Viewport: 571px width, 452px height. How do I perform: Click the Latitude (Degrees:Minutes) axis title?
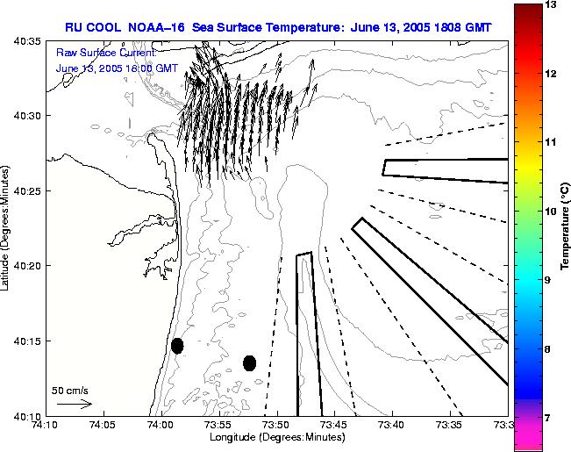tap(6, 228)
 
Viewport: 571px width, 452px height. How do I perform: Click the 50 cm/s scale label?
tap(70, 390)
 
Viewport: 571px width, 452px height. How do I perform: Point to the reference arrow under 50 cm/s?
tap(74, 404)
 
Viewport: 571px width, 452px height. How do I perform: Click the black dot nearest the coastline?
tap(177, 346)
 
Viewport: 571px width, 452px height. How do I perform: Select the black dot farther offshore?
tap(249, 362)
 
